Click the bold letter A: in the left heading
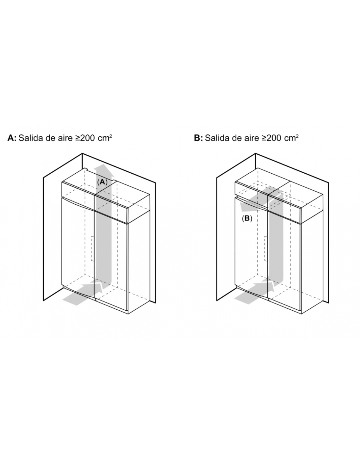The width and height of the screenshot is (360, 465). (12, 138)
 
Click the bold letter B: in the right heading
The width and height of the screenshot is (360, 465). (198, 138)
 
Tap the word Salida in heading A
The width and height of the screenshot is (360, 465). (31, 138)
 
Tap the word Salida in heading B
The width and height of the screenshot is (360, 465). (217, 138)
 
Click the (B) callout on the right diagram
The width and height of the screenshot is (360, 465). (247, 218)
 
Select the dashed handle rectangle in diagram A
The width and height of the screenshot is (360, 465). (93, 249)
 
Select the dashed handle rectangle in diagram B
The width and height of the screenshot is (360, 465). (266, 249)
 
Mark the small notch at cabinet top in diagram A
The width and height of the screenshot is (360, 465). (86, 169)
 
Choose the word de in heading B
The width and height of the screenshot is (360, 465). (237, 138)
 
